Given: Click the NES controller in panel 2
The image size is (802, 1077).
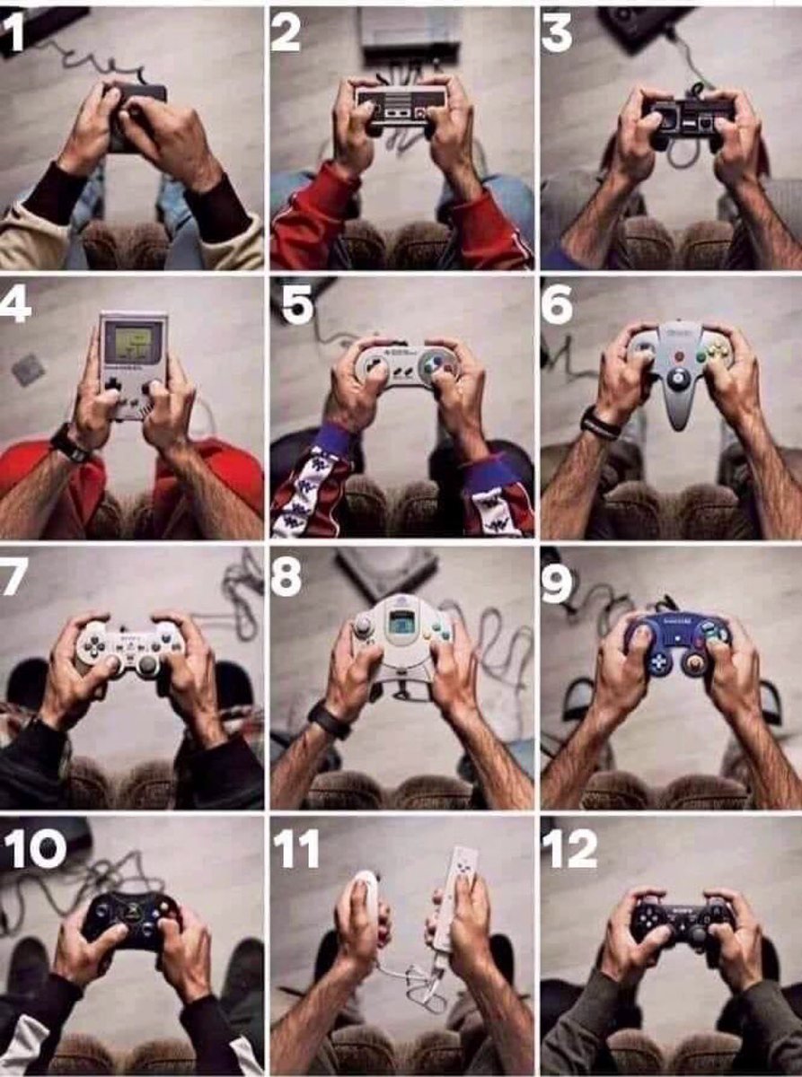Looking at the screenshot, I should (x=401, y=104).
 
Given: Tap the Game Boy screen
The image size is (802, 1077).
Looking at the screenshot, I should (x=132, y=343).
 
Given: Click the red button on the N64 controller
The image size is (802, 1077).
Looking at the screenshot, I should (x=680, y=356).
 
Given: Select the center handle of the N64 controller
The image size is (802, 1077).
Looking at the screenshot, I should (x=680, y=404).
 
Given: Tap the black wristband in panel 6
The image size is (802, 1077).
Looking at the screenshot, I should (x=598, y=424).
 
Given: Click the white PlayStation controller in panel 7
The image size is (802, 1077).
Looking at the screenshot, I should (x=130, y=644).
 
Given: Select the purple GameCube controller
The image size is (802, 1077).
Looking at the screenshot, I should (x=678, y=642).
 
